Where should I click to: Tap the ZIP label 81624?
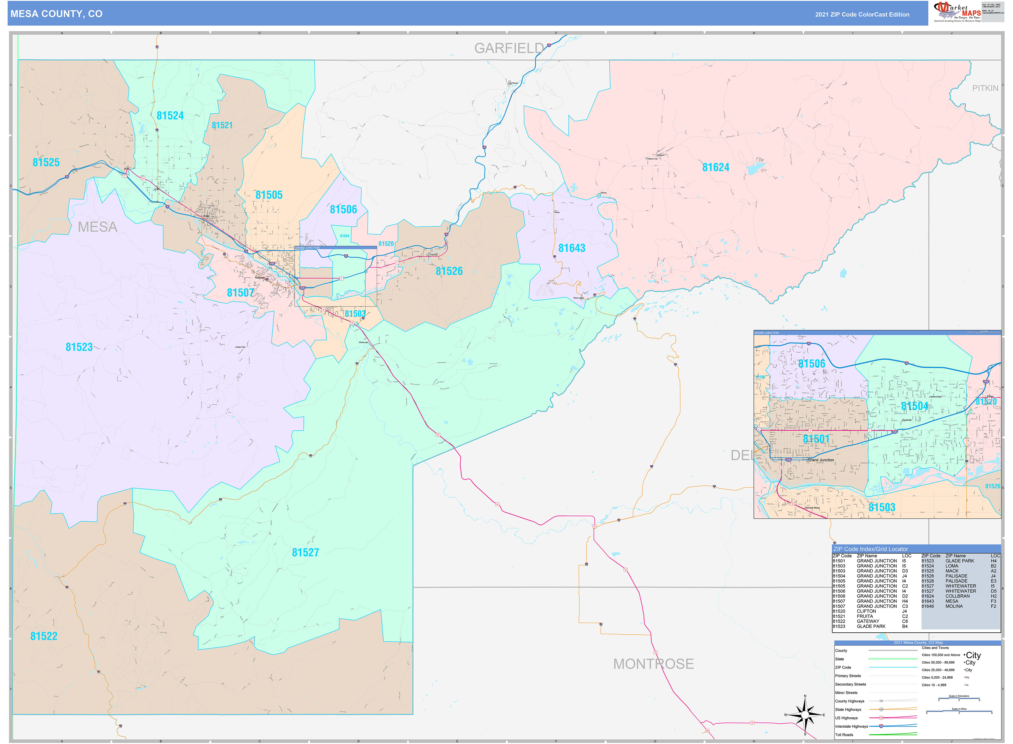715,167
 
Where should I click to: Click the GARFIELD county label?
509,48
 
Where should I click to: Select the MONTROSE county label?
653,664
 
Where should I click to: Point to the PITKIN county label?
985,88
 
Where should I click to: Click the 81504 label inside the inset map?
914,406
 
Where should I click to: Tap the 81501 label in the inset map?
816,439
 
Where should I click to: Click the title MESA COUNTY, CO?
56,14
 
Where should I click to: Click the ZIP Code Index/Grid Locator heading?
870,549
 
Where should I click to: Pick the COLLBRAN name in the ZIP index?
957,596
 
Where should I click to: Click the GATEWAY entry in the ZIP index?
868,622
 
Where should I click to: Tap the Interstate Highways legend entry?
851,727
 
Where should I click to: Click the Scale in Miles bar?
959,712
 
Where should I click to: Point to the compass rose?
805,715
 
